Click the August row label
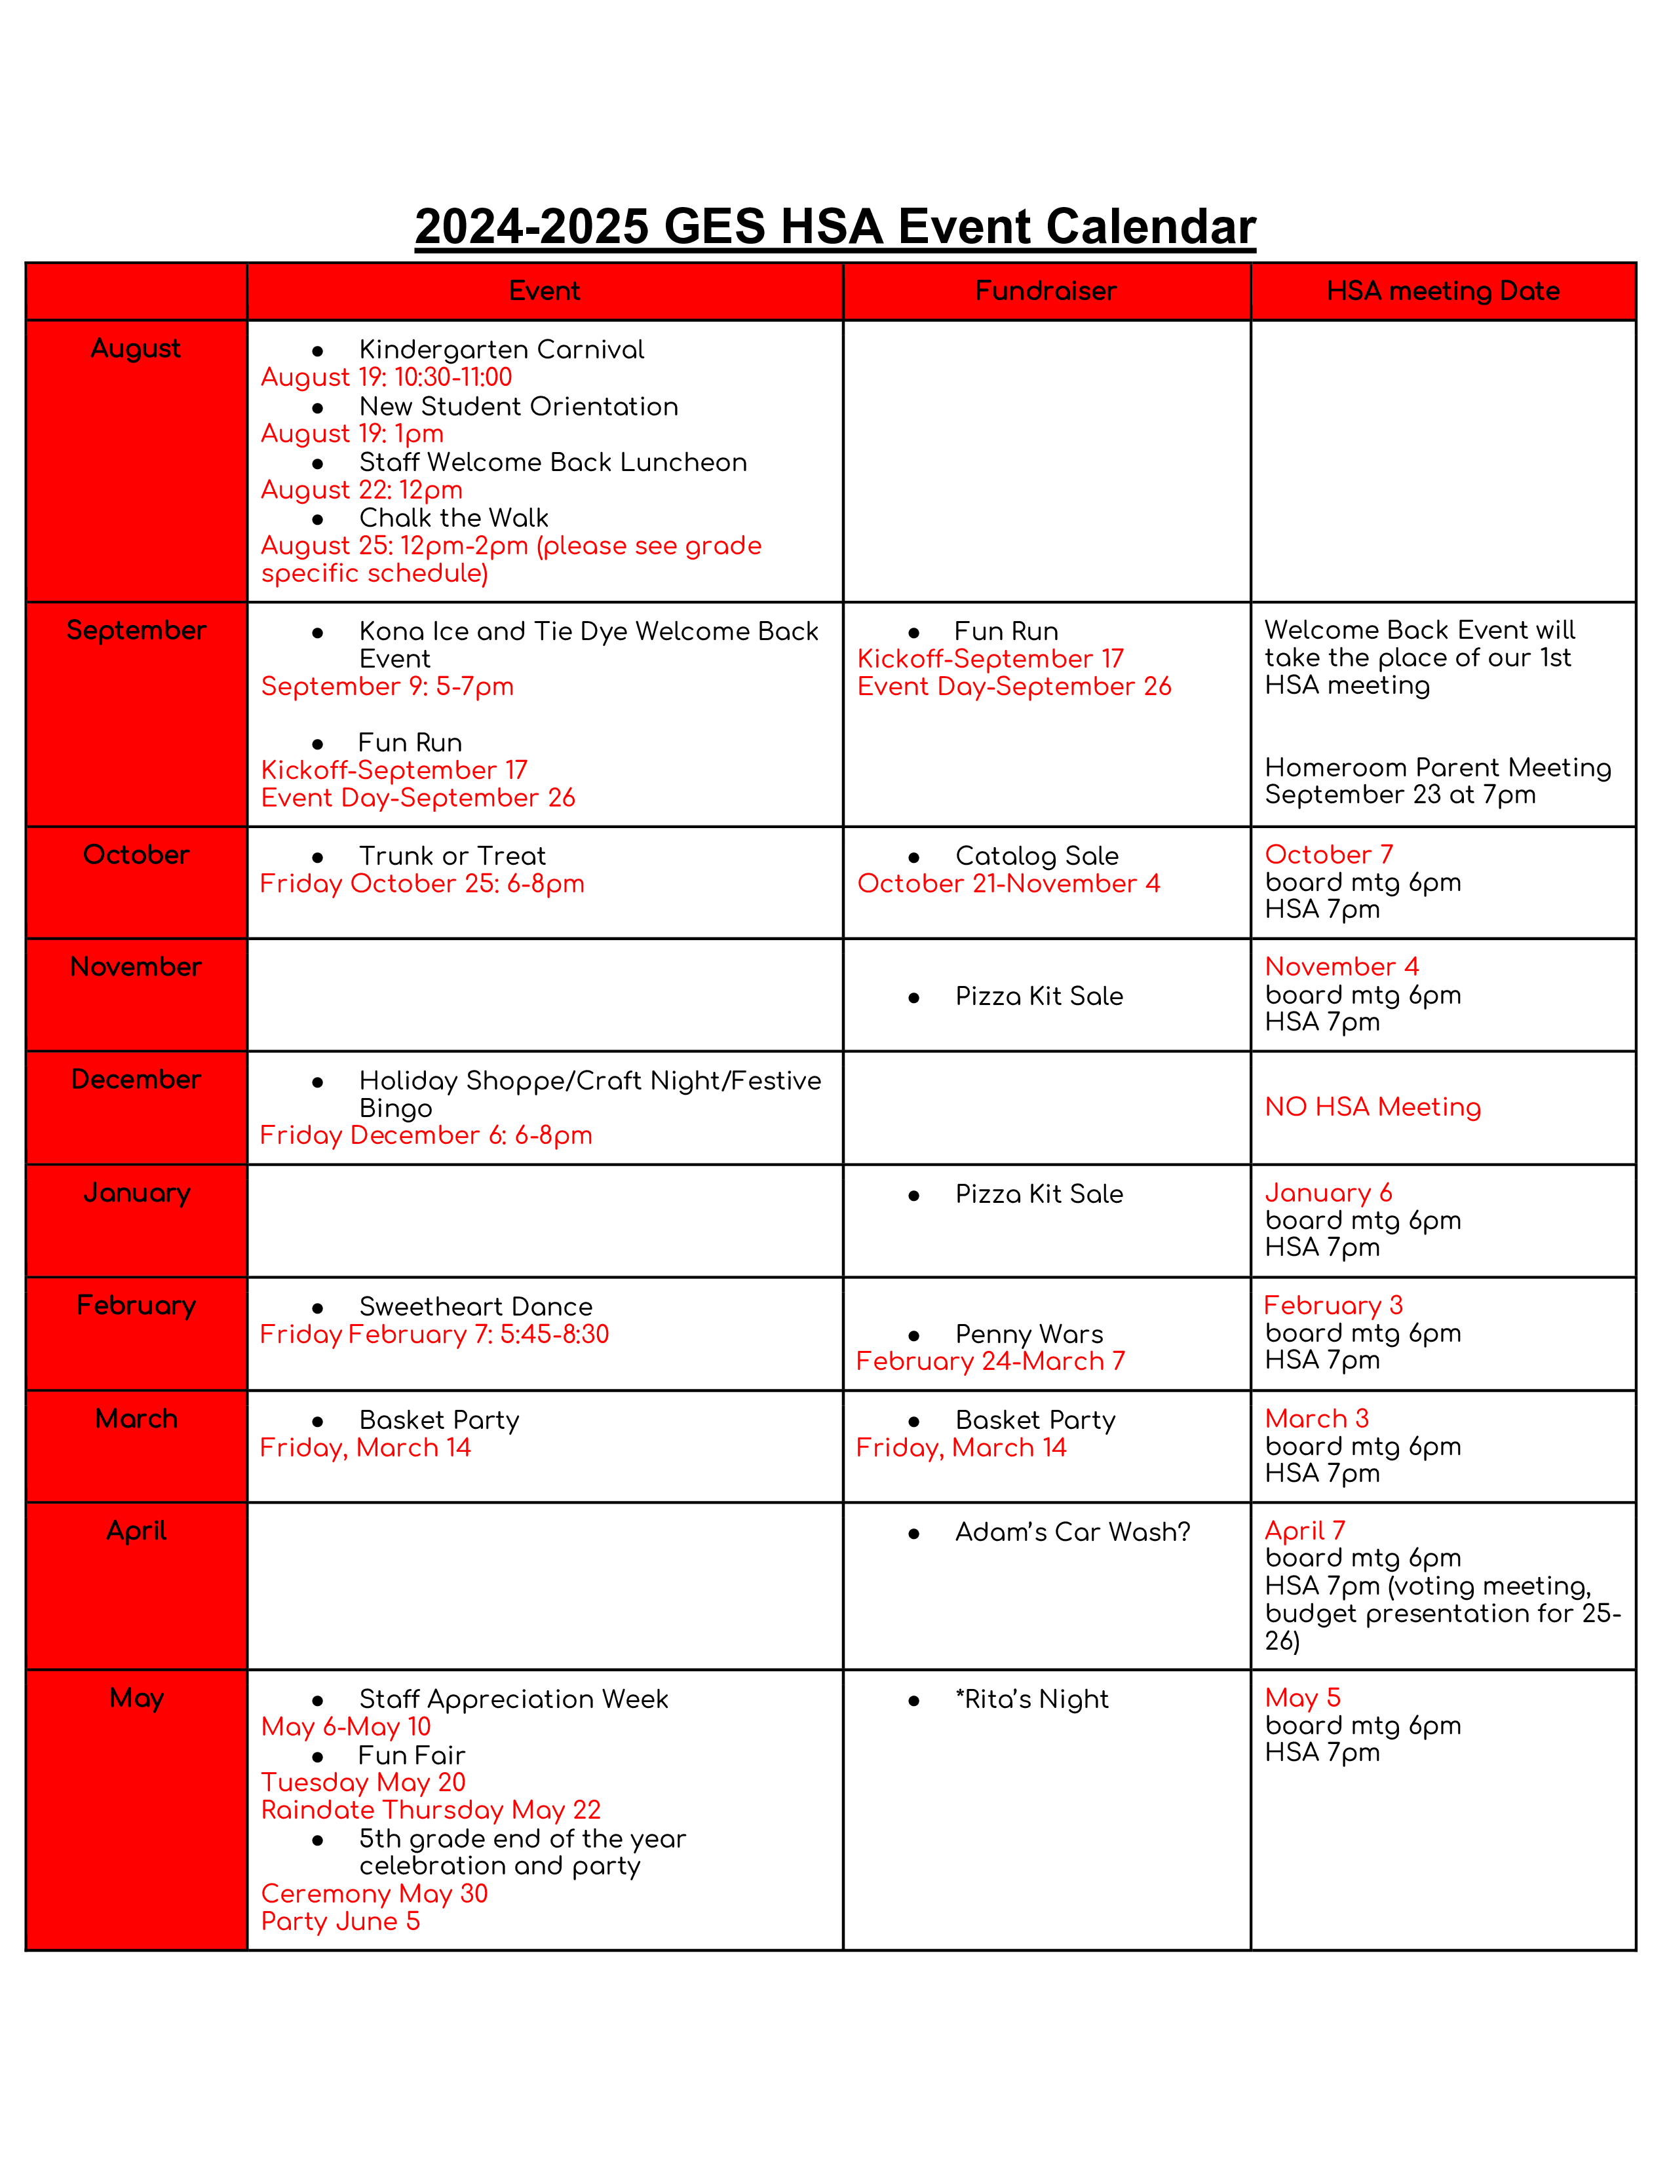(x=136, y=349)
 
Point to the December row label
(x=136, y=1079)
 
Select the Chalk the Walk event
(x=453, y=518)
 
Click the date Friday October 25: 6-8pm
(x=422, y=883)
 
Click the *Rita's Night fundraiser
(x=1031, y=1699)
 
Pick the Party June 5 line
(x=341, y=1922)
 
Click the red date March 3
(x=1316, y=1418)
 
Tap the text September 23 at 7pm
(x=1400, y=795)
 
